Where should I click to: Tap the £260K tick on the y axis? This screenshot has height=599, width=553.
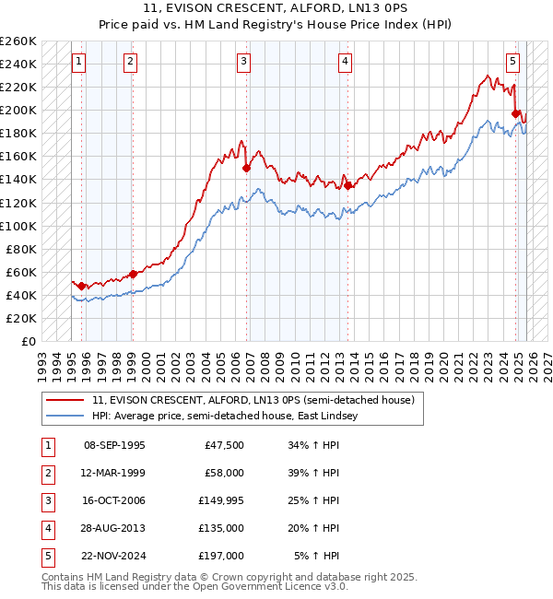[x=18, y=41]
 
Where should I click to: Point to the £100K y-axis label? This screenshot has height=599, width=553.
[x=18, y=226]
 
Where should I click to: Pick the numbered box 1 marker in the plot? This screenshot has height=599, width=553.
[x=80, y=62]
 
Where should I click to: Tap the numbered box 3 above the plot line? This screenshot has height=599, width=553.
[x=244, y=62]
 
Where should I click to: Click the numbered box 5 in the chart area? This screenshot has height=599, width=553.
[x=512, y=62]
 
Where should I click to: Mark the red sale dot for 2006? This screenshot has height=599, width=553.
[x=246, y=169]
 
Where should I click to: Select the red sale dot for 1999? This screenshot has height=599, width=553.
[x=132, y=274]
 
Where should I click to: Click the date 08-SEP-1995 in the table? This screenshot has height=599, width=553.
[x=114, y=445]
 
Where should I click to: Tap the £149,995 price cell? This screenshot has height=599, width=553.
[x=220, y=500]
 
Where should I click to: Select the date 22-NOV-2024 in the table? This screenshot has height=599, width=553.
[x=114, y=556]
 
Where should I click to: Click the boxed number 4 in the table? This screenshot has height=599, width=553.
[x=45, y=528]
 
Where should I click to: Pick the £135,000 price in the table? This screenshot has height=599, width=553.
[x=220, y=528]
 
